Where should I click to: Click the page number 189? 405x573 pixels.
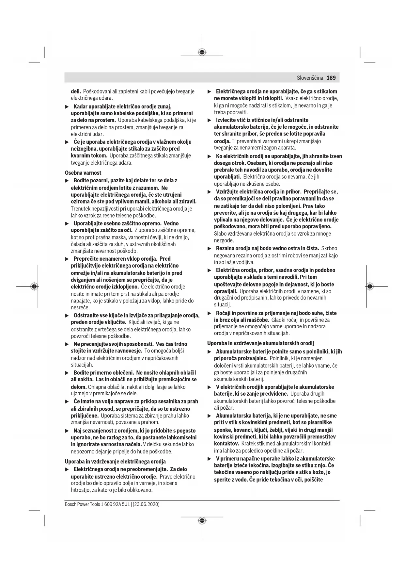coord(331,78)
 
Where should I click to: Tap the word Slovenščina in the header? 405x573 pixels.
coord(310,78)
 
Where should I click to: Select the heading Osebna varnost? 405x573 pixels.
coord(83,172)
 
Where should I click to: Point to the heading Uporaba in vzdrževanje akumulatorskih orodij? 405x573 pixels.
coord(260,343)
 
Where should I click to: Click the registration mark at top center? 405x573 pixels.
coord(202,52)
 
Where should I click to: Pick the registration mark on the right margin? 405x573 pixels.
coord(370,286)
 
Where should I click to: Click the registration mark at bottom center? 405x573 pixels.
coord(202,520)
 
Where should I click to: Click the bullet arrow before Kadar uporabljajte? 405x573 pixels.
coord(67,106)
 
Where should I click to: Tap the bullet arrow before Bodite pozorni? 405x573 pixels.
coord(67,180)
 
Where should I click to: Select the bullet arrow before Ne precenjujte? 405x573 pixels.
coord(67,344)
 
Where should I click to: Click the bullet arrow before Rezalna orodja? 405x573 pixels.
coord(210,249)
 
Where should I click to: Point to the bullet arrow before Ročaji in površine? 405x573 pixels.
coord(210,313)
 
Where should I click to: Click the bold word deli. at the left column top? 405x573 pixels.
coord(76,91)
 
